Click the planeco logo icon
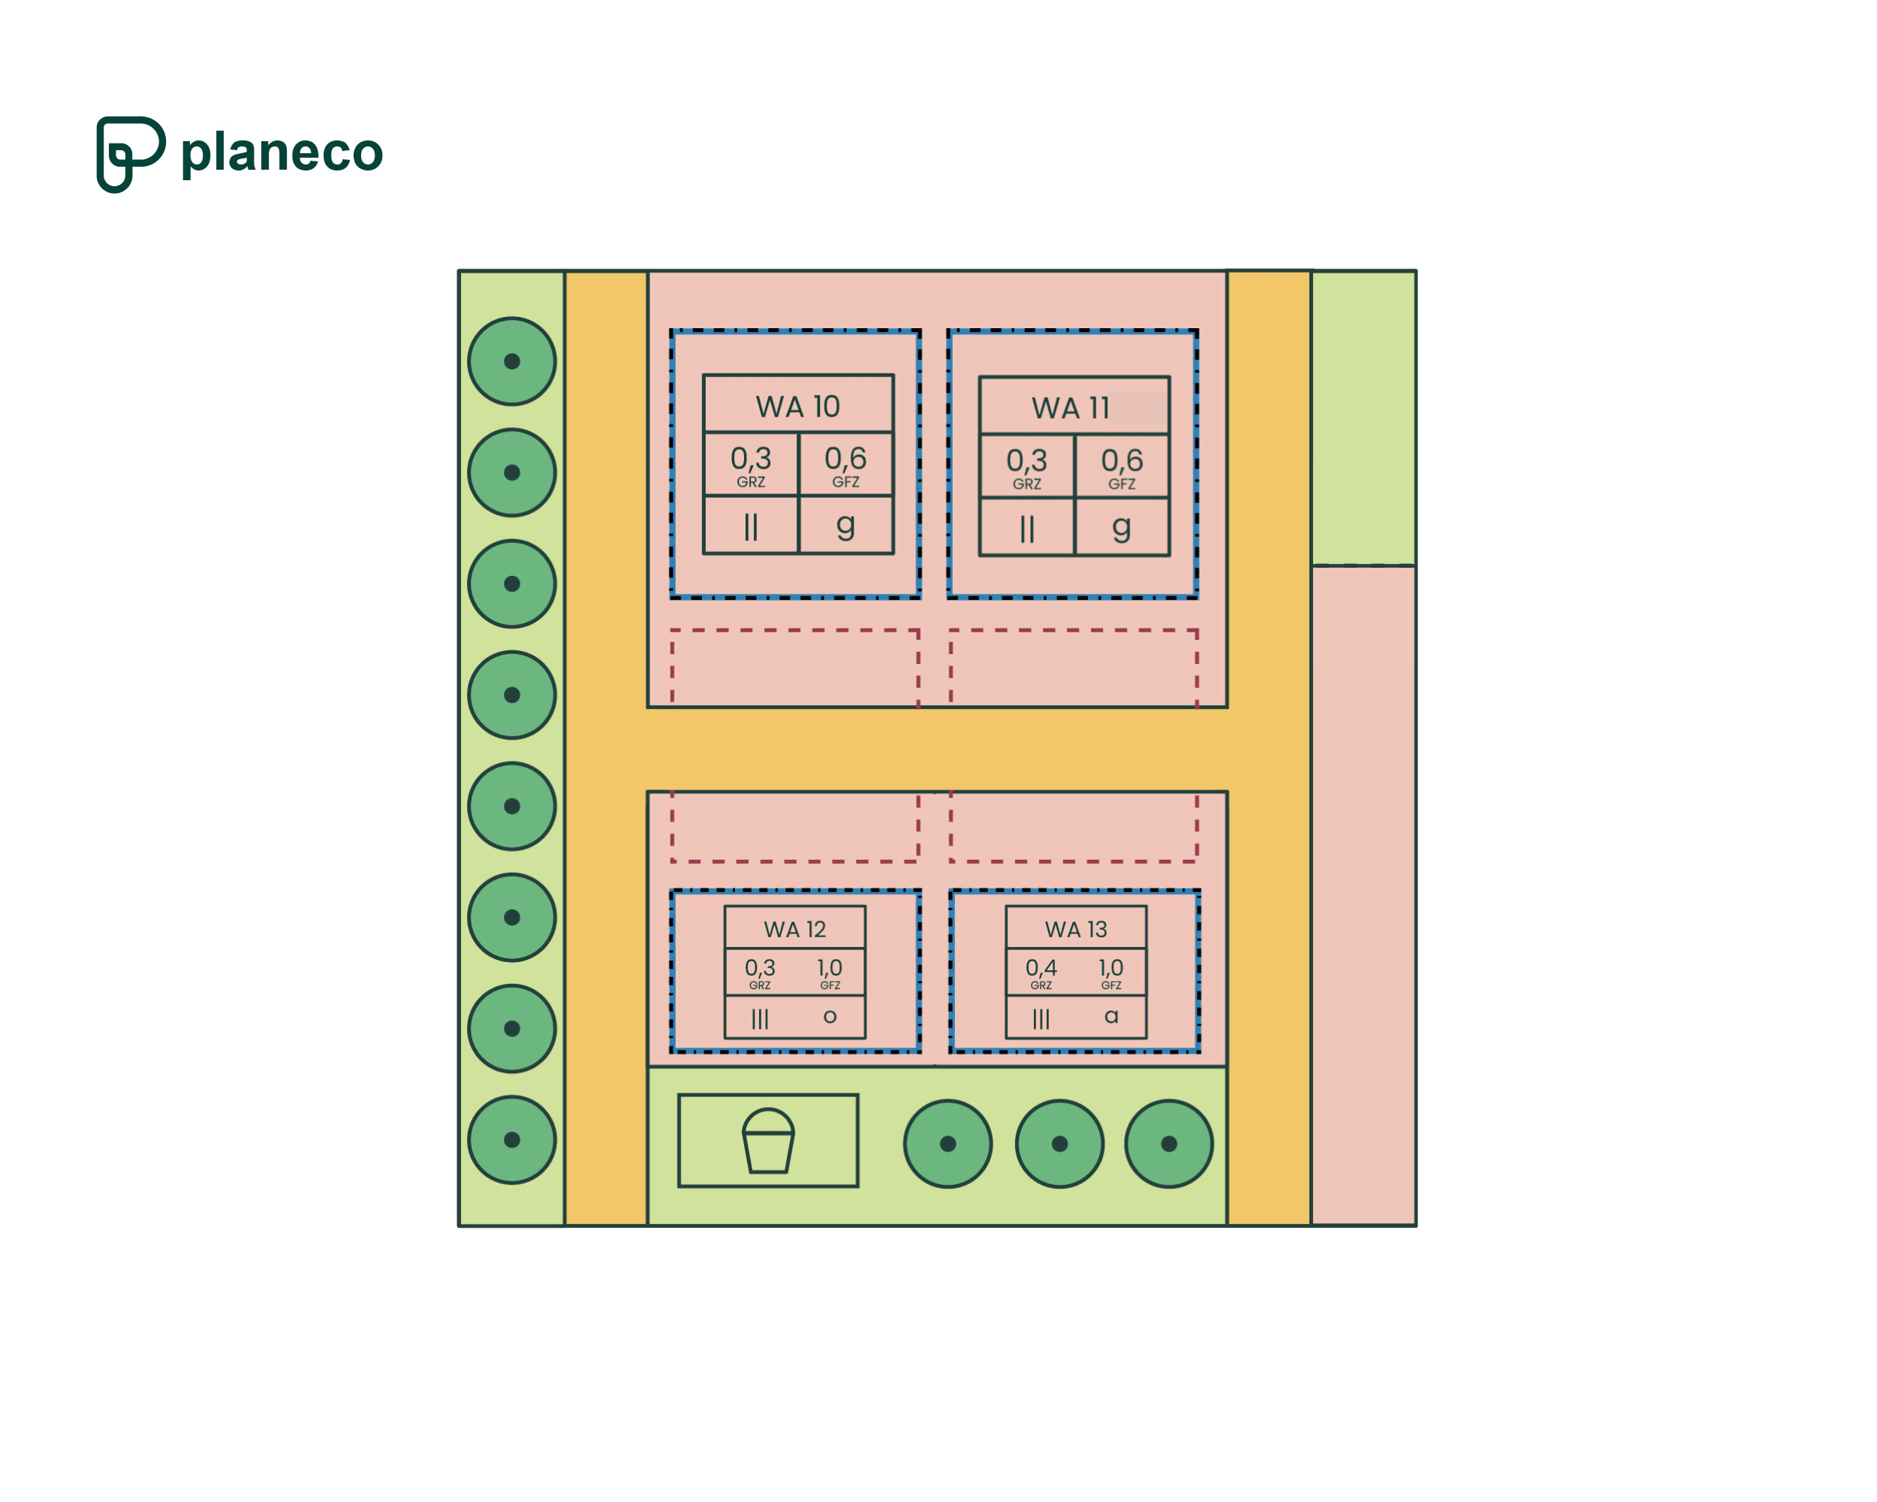(x=130, y=154)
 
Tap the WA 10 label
(x=797, y=406)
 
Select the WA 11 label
(x=1070, y=409)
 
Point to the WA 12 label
(x=794, y=929)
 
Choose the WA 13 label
(x=1075, y=929)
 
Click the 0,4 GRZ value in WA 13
(x=1041, y=968)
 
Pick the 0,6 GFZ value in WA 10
(x=845, y=459)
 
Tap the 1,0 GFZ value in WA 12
(x=830, y=968)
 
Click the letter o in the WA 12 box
(x=830, y=1016)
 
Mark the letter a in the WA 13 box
(x=1111, y=1016)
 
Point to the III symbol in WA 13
(x=1041, y=1019)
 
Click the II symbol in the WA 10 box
(x=751, y=526)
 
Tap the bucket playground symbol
(x=768, y=1141)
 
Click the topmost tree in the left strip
(x=512, y=361)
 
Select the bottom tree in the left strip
(x=512, y=1140)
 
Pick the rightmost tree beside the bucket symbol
(x=1168, y=1143)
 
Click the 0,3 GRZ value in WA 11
(x=1026, y=460)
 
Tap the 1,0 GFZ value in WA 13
(x=1111, y=968)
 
